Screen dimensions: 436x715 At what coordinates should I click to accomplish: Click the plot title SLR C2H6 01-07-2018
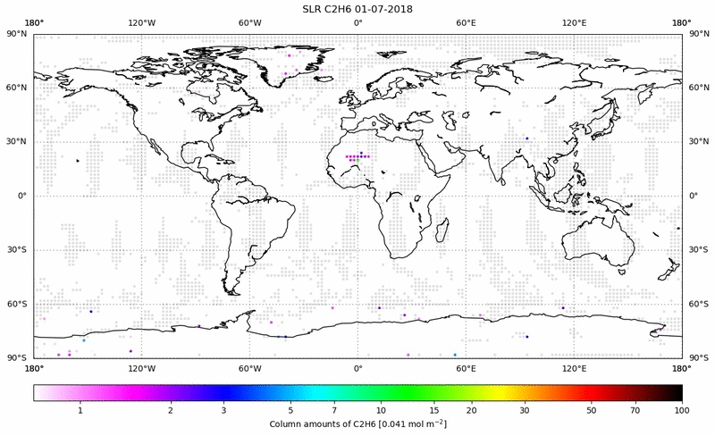tap(357, 9)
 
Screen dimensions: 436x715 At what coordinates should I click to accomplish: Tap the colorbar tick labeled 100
tap(682, 409)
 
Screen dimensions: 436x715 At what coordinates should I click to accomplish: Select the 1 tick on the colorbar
tap(80, 409)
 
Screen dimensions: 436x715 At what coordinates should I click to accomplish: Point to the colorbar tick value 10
tap(382, 409)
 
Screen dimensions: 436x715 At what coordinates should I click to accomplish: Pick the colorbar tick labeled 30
tap(525, 409)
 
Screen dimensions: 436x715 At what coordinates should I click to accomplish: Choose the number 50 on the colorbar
tap(592, 409)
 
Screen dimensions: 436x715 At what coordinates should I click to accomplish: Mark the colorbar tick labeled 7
tap(334, 409)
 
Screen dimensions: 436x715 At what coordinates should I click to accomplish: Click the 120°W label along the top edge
tap(141, 23)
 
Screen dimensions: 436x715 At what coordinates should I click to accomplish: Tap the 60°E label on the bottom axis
tap(466, 367)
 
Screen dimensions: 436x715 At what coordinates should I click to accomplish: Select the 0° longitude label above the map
tap(357, 23)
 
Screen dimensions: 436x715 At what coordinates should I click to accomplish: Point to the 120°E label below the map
tap(574, 367)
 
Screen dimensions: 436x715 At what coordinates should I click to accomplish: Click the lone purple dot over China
tap(527, 138)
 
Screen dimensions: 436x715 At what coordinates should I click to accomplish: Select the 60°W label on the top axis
tap(249, 23)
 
